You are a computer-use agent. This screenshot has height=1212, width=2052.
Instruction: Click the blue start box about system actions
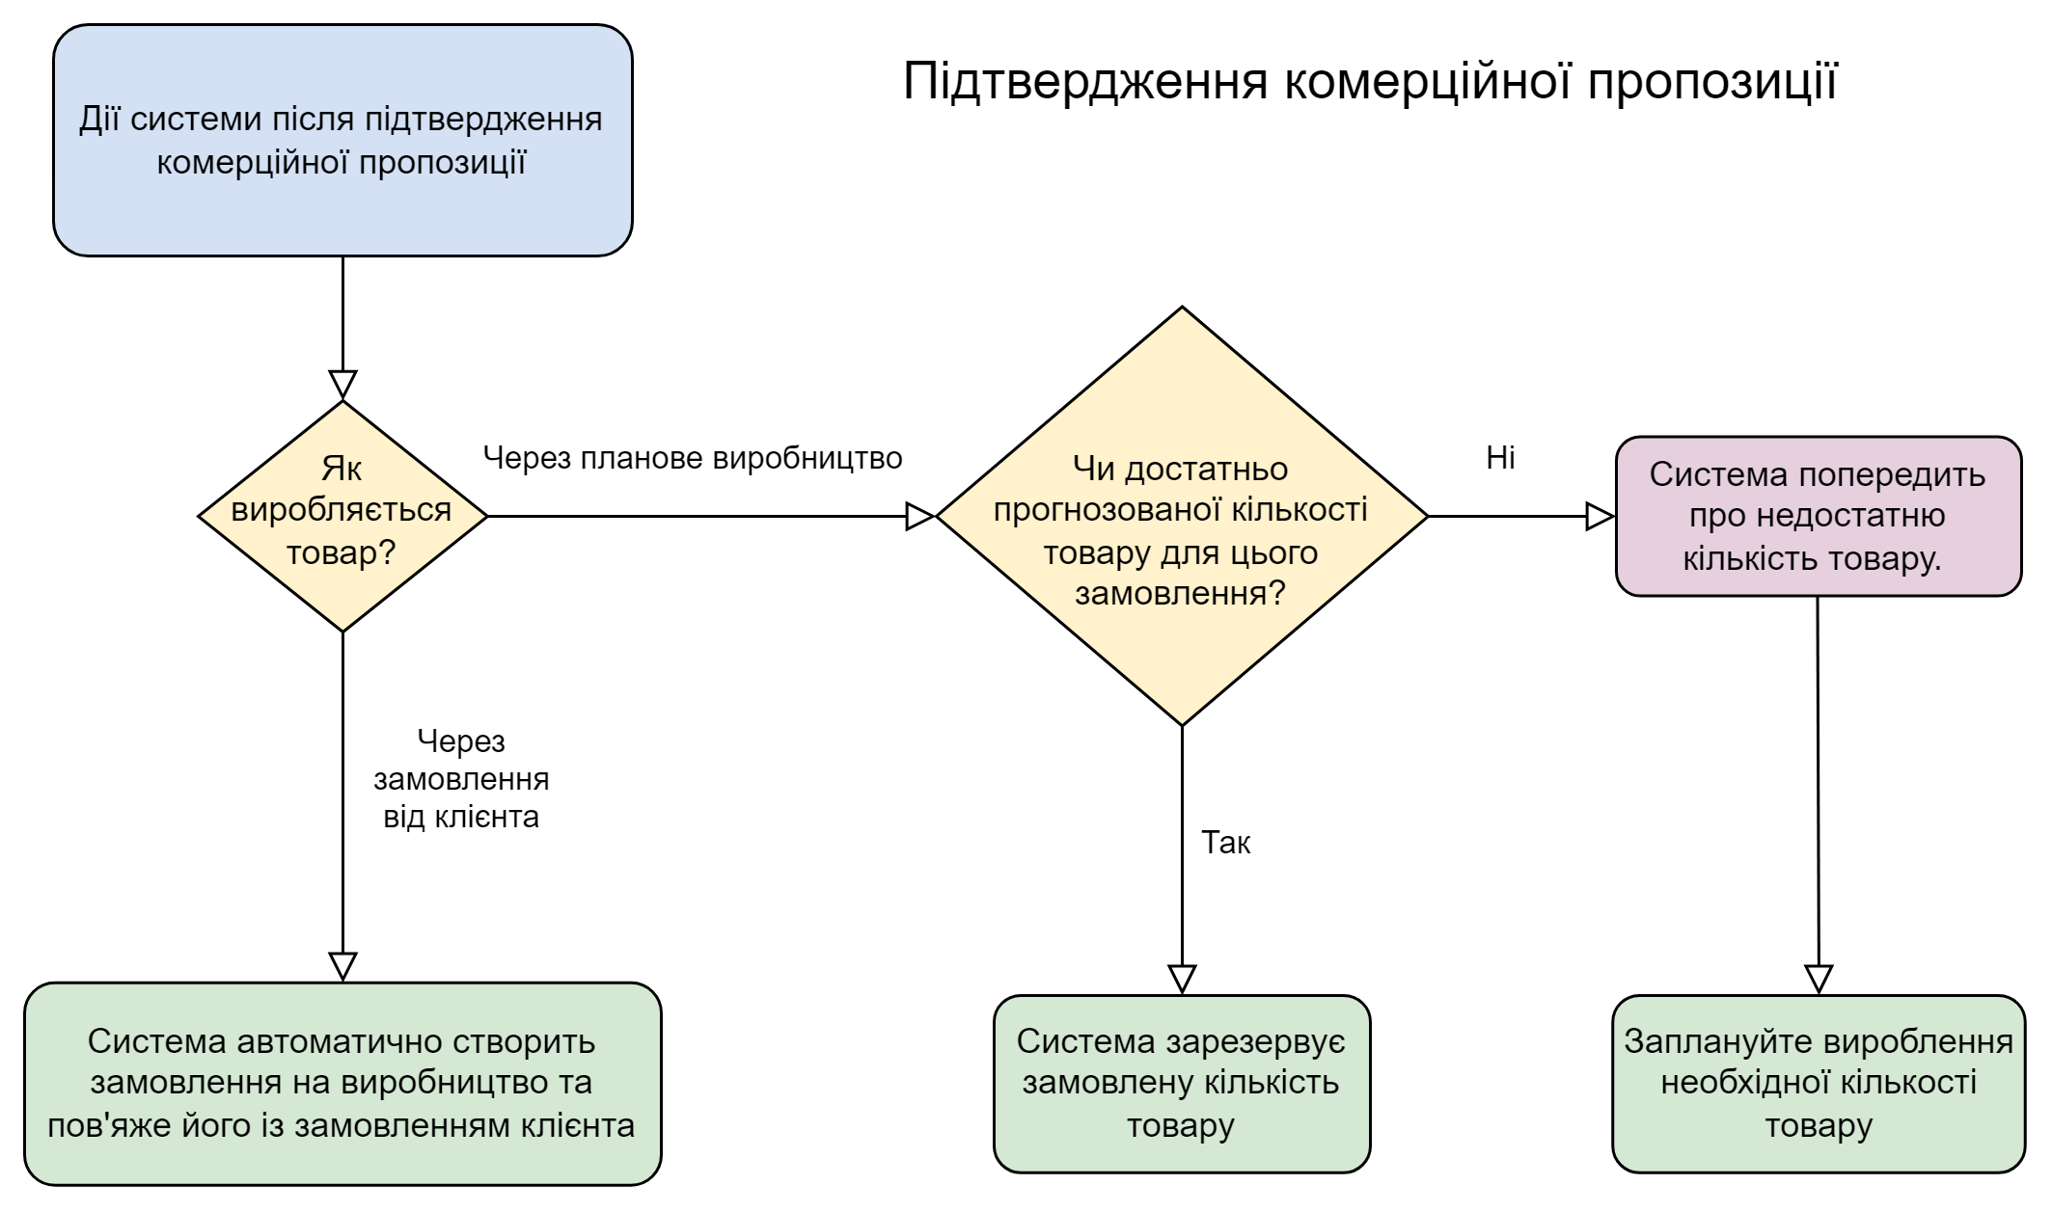pos(342,141)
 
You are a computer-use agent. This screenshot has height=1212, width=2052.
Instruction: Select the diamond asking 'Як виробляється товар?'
pos(342,516)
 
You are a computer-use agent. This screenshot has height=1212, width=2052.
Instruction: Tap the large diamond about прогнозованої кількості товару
pos(1181,516)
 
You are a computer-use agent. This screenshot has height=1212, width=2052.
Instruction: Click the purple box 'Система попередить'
pos(1818,516)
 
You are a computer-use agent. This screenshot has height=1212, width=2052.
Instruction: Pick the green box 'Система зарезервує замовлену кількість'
pos(1181,1083)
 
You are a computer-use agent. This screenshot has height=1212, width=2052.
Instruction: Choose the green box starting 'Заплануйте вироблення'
pos(1818,1083)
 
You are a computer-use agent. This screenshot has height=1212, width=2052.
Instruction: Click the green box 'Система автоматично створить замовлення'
pos(342,1083)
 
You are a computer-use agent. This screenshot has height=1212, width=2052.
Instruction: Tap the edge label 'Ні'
pos(1500,458)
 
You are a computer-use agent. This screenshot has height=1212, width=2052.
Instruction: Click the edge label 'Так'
pos(1225,843)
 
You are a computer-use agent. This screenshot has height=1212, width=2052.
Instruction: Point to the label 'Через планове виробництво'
pos(692,458)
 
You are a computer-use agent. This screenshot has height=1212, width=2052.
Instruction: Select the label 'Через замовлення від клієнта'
pos(461,779)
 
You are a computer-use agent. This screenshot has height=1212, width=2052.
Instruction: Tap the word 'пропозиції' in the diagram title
pos(1712,81)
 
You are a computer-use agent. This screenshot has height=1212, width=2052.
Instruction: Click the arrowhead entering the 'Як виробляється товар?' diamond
pos(342,385)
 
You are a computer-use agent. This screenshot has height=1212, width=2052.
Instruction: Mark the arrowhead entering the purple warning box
pos(1601,517)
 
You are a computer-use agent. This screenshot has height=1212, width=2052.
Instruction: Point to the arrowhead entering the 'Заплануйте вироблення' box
pos(1819,979)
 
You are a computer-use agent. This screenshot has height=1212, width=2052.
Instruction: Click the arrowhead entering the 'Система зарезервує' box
pos(1182,979)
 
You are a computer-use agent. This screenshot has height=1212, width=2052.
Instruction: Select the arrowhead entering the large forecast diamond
pos(920,517)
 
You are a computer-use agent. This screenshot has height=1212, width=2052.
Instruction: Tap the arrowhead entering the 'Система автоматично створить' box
pos(342,966)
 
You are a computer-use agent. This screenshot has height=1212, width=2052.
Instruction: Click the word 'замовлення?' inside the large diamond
pos(1181,592)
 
